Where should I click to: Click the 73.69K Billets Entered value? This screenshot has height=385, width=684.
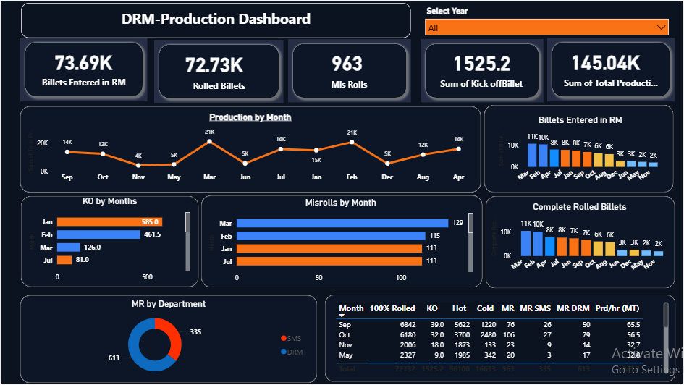(x=83, y=63)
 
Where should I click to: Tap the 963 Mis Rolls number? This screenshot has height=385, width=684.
(x=347, y=64)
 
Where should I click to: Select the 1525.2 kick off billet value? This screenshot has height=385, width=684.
(x=481, y=64)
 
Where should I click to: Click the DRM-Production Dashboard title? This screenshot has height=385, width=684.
(x=216, y=20)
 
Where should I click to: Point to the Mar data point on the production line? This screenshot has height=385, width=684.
(x=209, y=142)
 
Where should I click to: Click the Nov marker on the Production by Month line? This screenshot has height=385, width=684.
(x=138, y=165)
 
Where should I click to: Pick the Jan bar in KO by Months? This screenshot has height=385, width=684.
(x=109, y=222)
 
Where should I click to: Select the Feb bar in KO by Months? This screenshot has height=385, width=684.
(x=98, y=234)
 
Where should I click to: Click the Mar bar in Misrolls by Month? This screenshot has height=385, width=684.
(x=342, y=223)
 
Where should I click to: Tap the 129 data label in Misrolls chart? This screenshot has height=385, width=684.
(x=457, y=223)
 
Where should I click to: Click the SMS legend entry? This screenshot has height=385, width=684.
(x=293, y=339)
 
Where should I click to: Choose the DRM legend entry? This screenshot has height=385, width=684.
(x=293, y=352)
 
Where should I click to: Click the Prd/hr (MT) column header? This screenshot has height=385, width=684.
(x=620, y=308)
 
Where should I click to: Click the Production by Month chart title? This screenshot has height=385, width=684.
(x=250, y=117)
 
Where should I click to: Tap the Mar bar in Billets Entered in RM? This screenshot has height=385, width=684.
(x=532, y=155)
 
